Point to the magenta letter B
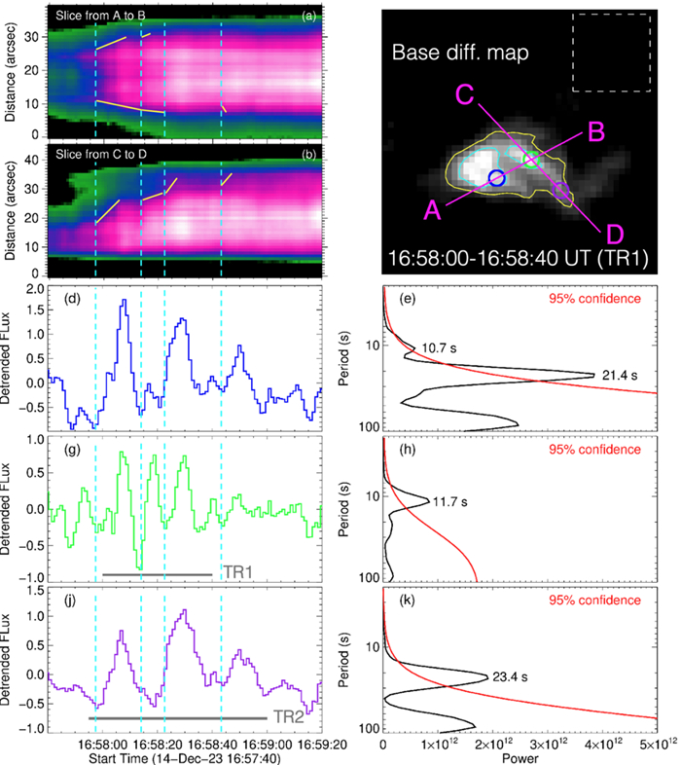597,131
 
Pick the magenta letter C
464,93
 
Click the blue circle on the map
496,177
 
